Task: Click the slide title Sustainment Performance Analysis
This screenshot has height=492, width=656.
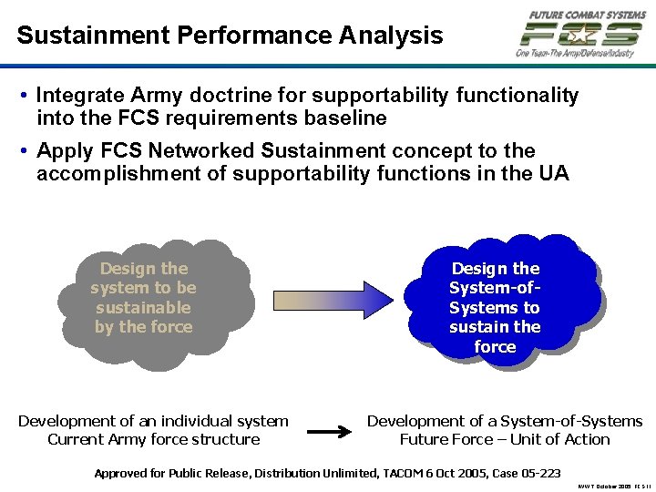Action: pyautogui.click(x=230, y=36)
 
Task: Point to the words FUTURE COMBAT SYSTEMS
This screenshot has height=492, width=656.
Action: pyautogui.click(x=587, y=15)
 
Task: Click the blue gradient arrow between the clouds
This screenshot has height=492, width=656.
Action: pyautogui.click(x=331, y=300)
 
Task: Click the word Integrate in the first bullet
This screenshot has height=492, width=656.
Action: pyautogui.click(x=78, y=95)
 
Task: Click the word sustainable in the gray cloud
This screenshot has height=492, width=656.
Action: pyautogui.click(x=143, y=308)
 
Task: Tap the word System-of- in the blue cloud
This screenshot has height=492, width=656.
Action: pyautogui.click(x=494, y=288)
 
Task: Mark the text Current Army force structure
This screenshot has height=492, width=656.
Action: pyautogui.click(x=153, y=439)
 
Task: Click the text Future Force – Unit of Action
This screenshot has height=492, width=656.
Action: pyautogui.click(x=505, y=439)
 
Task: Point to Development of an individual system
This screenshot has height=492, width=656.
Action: pyautogui.click(x=153, y=421)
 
